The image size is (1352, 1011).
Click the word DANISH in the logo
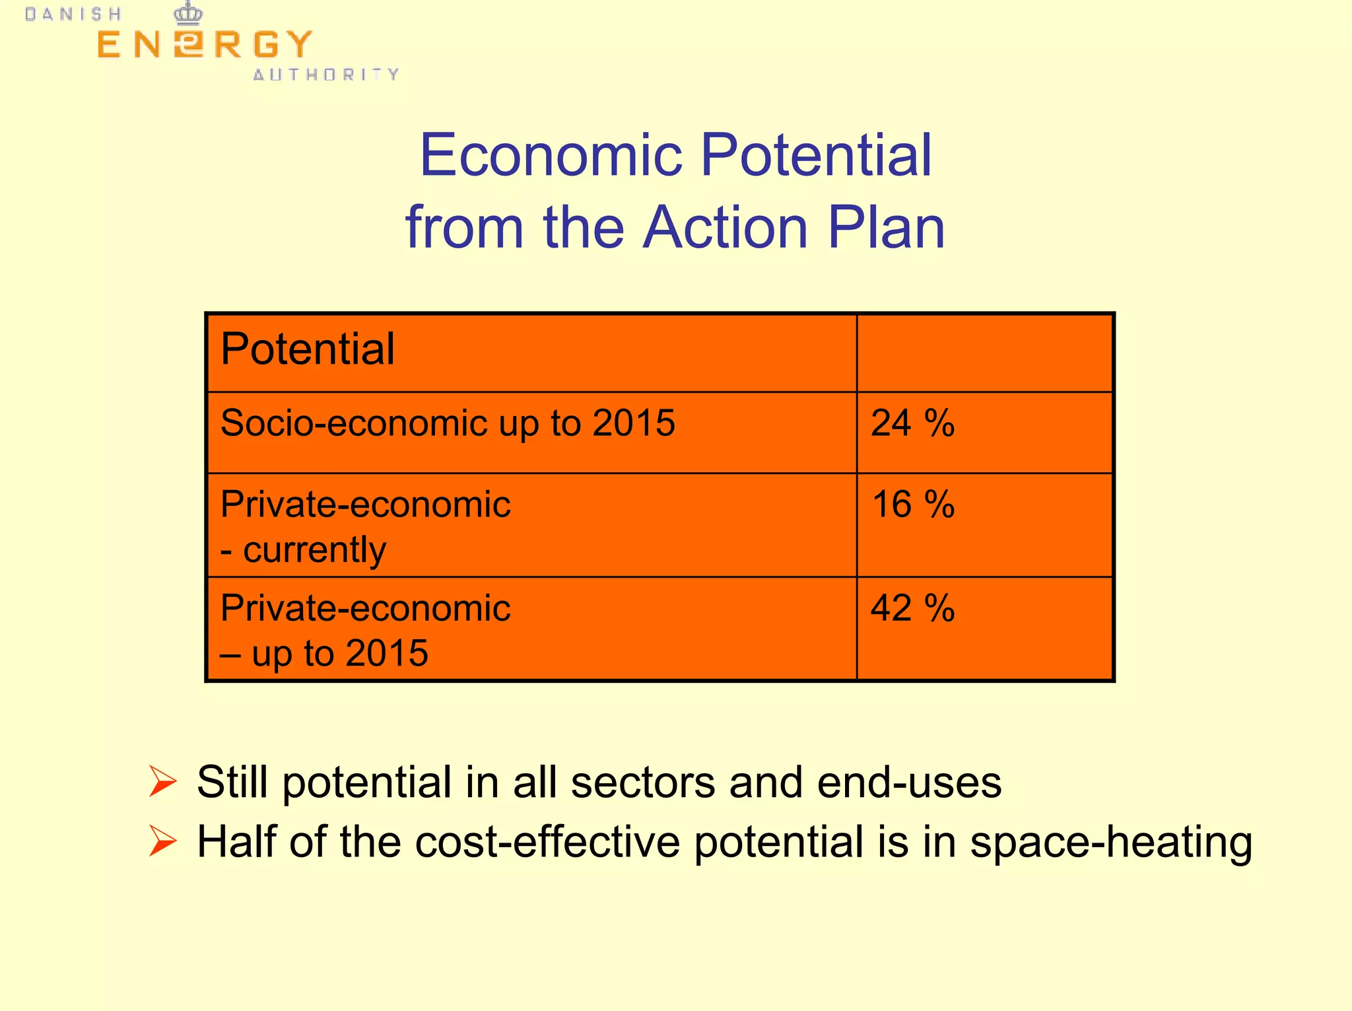(73, 15)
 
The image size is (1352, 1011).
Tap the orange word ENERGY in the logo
(204, 45)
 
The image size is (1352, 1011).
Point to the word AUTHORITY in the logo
(326, 75)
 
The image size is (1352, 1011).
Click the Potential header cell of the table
(308, 349)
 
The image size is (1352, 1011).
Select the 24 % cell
(912, 423)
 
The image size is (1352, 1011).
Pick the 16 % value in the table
(912, 505)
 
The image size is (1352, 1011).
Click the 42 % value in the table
(912, 608)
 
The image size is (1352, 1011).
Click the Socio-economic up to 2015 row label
(448, 423)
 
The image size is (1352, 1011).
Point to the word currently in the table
(314, 550)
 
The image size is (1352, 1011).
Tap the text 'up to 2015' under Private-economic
(339, 653)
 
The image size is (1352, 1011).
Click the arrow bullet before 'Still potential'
(162, 782)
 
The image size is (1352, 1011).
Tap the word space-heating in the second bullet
(1110, 843)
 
